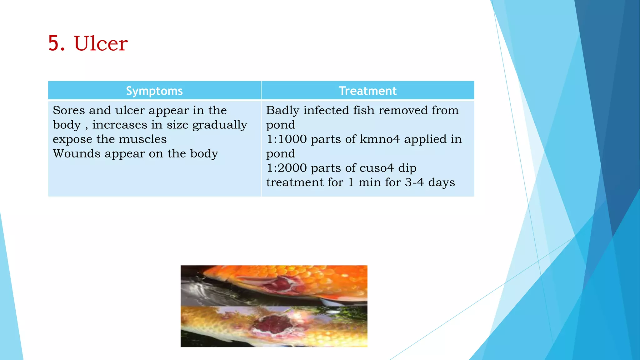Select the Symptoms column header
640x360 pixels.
coord(154,91)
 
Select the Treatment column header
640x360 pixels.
coord(367,91)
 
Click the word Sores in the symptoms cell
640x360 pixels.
coord(69,110)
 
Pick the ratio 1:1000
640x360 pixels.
coord(287,139)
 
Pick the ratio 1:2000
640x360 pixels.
coord(287,168)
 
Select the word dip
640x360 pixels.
coord(407,168)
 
